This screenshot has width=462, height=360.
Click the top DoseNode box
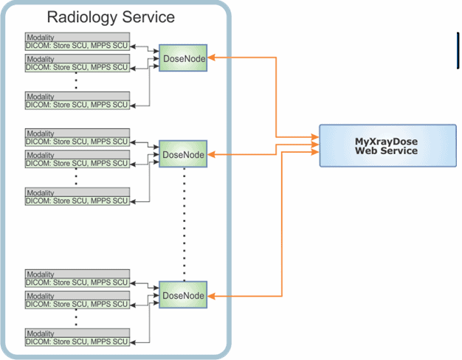coord(183,58)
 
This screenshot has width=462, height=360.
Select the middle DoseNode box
coord(183,153)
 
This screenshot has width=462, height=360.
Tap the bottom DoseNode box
coord(183,295)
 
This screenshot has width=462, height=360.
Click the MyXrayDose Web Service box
coord(387,146)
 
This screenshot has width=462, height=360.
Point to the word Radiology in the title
coord(82,18)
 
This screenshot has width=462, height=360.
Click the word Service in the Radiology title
coord(148,17)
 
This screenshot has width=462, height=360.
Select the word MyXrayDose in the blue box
coord(386,142)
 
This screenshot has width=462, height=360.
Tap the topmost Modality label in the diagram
coord(41,38)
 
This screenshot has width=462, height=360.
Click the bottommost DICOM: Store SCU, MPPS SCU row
coord(77,342)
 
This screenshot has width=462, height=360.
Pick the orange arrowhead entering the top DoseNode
coord(211,58)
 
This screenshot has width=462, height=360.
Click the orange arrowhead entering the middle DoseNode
coord(211,154)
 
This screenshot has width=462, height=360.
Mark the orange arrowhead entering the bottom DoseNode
coord(211,296)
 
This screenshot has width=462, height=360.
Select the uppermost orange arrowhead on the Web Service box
coord(315,137)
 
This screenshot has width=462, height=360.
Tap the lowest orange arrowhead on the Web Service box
coord(315,152)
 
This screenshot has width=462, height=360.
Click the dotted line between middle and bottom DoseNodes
coord(185,224)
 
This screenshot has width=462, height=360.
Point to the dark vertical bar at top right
coord(458,50)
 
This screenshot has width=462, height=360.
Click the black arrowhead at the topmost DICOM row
coord(133,46)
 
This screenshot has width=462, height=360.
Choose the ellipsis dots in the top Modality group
coord(76,80)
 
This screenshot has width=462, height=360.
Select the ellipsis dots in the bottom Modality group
coord(76,317)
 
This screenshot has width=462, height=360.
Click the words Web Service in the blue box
coord(386,150)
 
